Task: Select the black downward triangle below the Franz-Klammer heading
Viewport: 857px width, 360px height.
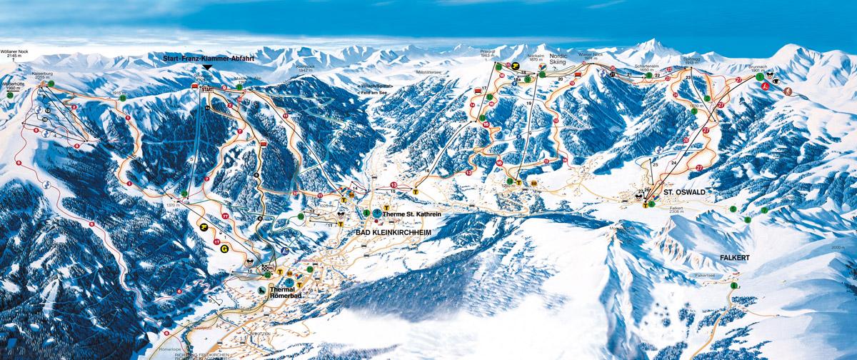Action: click(x=207, y=66)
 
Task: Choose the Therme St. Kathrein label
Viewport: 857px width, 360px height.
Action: click(x=411, y=214)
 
